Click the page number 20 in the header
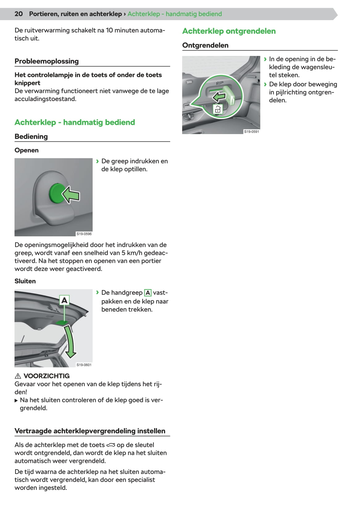click(x=19, y=14)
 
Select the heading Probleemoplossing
click(x=47, y=61)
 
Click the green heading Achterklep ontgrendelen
click(x=229, y=31)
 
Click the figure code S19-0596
click(x=84, y=234)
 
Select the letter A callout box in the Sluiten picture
click(x=64, y=300)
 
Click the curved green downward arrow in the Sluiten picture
click(x=70, y=342)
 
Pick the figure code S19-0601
click(x=84, y=365)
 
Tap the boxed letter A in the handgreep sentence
click(x=148, y=293)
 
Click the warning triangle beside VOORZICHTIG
click(x=18, y=376)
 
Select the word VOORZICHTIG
click(x=47, y=376)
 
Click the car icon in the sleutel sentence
click(x=111, y=445)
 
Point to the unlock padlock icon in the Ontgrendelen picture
click(x=217, y=109)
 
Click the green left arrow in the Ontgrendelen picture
click(x=219, y=97)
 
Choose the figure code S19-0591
click(x=252, y=132)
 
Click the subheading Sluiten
click(x=25, y=281)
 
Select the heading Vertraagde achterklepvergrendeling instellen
click(x=90, y=431)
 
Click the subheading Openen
click(x=27, y=150)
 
